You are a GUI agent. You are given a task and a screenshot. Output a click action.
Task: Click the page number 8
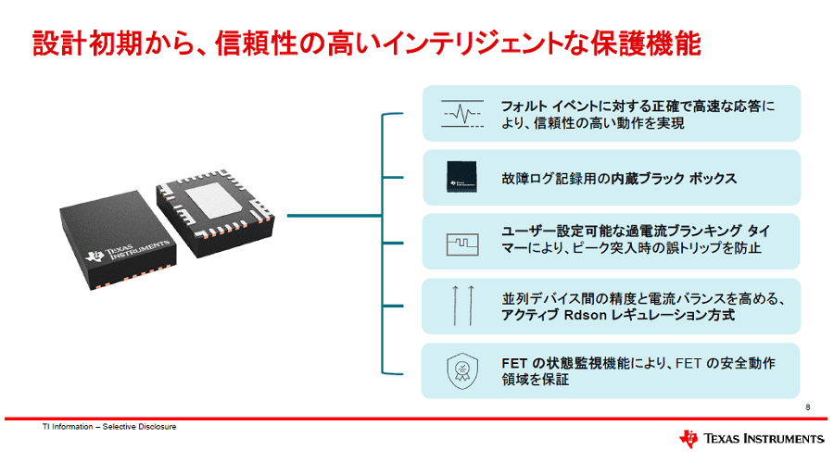[x=808, y=407]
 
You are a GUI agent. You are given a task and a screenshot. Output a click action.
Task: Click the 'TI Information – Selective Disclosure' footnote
[x=110, y=427]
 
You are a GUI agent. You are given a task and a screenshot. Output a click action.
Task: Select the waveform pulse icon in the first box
[x=462, y=114]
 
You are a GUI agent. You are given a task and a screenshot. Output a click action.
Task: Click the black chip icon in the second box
[x=462, y=177]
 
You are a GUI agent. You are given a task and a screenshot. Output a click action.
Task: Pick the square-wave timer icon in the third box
[x=462, y=242]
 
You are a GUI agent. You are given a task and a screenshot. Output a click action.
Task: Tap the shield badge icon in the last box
[x=462, y=371]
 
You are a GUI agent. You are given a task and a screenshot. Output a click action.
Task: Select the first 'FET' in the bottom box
[x=514, y=363]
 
